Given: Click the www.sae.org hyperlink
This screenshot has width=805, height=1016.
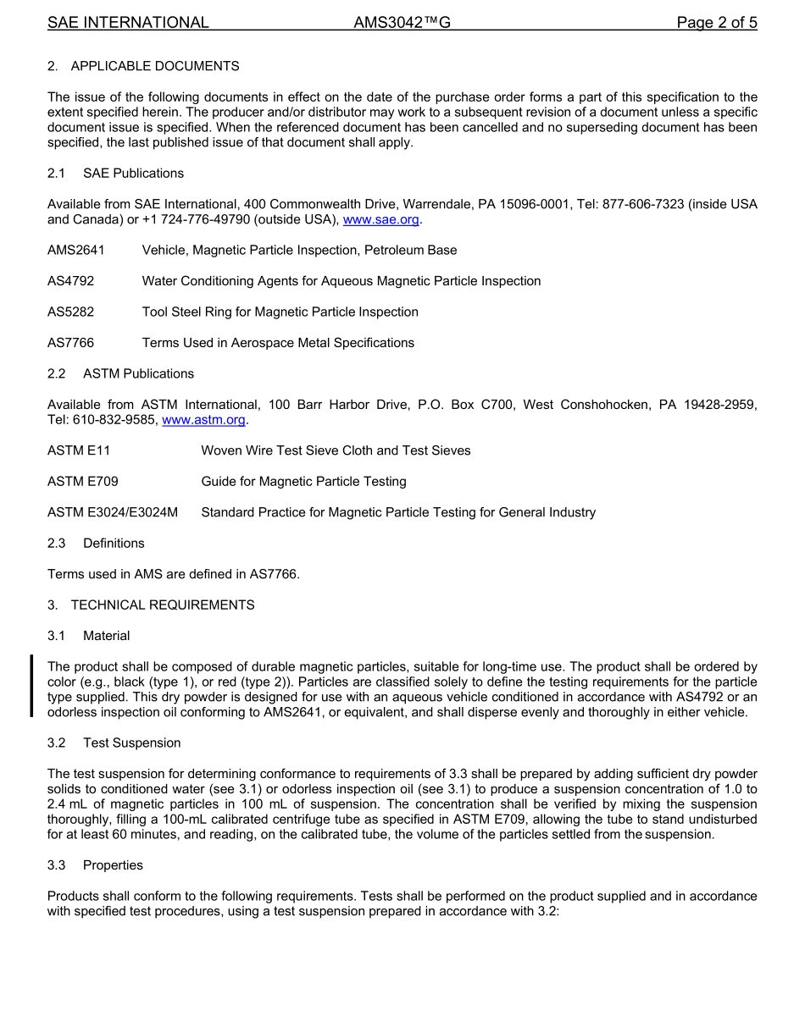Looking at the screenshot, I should tap(380, 220).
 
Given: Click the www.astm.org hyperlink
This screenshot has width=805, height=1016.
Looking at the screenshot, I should tap(203, 420).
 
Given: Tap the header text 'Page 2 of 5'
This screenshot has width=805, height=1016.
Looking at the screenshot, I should tap(716, 23).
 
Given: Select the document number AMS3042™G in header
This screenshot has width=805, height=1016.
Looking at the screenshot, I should tap(402, 23).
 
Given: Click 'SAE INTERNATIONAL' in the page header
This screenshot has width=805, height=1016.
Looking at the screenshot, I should tap(128, 23).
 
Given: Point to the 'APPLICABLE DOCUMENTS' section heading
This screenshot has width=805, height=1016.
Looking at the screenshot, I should tap(155, 66).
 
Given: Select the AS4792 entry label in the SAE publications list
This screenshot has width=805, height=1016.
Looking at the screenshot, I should tap(70, 281).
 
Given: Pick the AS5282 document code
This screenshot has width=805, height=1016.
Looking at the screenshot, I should tap(70, 312).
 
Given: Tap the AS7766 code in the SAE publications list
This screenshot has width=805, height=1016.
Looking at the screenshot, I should tap(70, 343).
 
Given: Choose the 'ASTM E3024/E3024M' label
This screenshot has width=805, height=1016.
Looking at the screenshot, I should tap(113, 512).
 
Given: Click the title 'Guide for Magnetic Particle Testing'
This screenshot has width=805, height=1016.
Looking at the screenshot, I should tap(303, 482).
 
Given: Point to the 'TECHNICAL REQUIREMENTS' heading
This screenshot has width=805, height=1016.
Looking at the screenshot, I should tap(163, 605).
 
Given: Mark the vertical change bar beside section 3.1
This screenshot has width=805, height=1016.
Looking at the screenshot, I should tap(31, 686).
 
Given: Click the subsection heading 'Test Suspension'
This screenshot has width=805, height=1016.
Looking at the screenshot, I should tap(131, 743).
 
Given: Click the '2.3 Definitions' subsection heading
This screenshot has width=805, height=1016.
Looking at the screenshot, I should tap(96, 544).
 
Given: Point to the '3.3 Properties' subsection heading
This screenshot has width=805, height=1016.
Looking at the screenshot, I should tap(95, 865).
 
